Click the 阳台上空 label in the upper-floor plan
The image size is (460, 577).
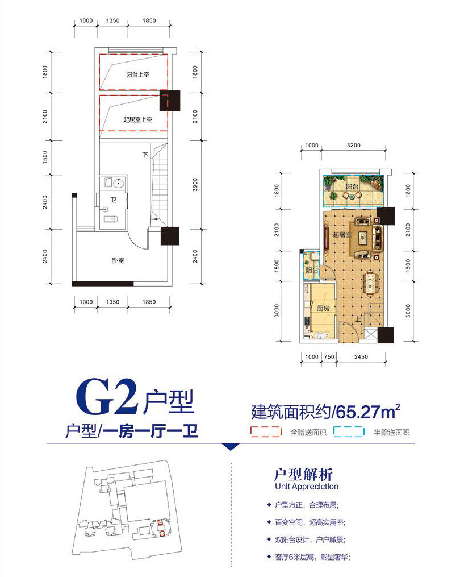pos(137,74)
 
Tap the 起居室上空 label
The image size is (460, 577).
pos(137,119)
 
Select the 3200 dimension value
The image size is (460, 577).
pos(354,146)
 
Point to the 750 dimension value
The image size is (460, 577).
pos(328,357)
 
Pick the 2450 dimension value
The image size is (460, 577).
pos(361,357)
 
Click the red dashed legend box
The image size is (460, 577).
pos(266,432)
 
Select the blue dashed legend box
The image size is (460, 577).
pos(348,432)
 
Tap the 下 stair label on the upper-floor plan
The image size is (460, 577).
pos(146,154)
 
